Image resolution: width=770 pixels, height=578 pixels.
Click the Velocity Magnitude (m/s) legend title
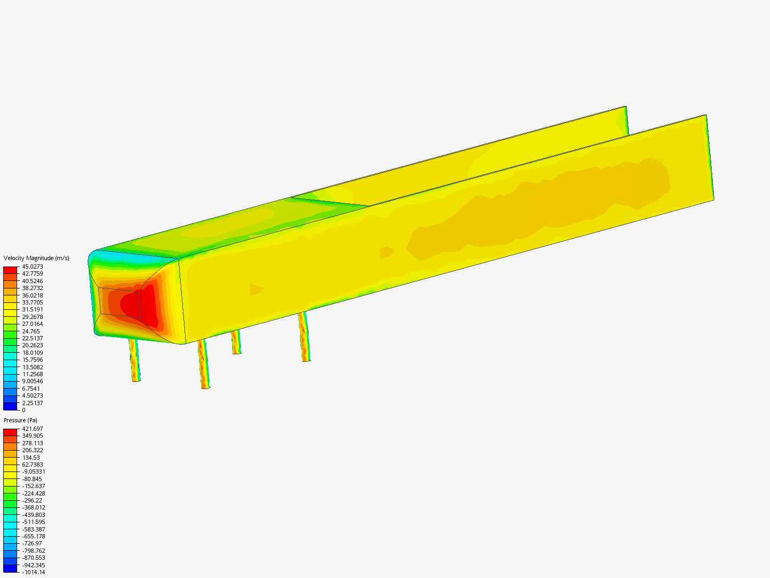(x=36, y=258)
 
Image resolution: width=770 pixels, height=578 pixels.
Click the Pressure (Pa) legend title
(x=20, y=421)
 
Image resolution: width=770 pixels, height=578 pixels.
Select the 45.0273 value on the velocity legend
(x=32, y=267)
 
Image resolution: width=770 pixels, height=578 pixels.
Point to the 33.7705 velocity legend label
(x=32, y=302)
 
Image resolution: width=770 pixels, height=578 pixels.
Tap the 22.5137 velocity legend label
(x=32, y=338)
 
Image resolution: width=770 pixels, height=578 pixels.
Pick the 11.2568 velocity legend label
(x=32, y=374)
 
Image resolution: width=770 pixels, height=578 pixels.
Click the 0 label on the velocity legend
(x=24, y=410)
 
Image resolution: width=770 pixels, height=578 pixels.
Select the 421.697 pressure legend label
(x=32, y=429)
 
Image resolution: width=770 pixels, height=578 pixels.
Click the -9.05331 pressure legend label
(x=34, y=471)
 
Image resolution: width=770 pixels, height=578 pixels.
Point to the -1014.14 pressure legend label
(x=34, y=572)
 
